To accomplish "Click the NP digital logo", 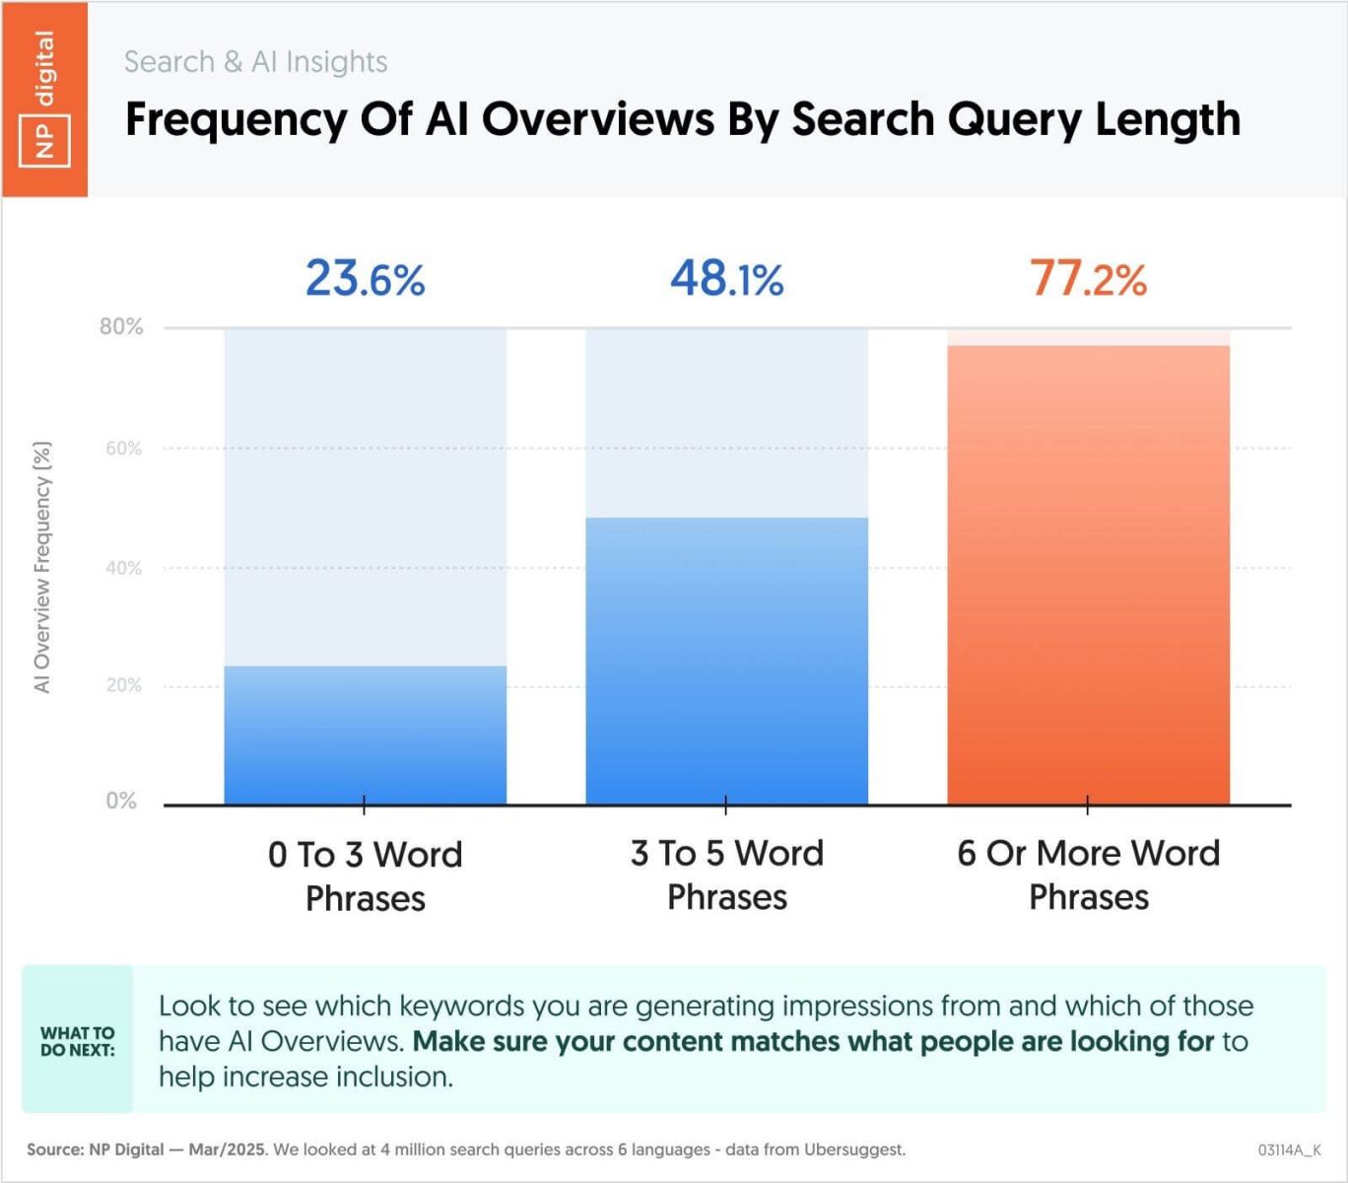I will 44,99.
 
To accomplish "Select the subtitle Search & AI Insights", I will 255,61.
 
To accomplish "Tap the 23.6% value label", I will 365,278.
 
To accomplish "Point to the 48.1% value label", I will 727,278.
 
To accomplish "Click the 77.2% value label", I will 1089,278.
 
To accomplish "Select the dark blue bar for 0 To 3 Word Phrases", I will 365,735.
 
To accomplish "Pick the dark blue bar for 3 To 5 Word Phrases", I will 727,661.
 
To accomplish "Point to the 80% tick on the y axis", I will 121,326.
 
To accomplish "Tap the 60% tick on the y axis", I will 123,449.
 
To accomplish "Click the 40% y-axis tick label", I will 123,568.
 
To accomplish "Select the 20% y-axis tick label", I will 123,685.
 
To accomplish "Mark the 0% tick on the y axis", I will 121,800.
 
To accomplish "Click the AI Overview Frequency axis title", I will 42,567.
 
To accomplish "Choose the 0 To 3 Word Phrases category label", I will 365,875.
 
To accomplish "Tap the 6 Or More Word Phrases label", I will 1089,874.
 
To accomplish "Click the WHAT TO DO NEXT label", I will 77,1041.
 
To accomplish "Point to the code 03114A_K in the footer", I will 1289,1149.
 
